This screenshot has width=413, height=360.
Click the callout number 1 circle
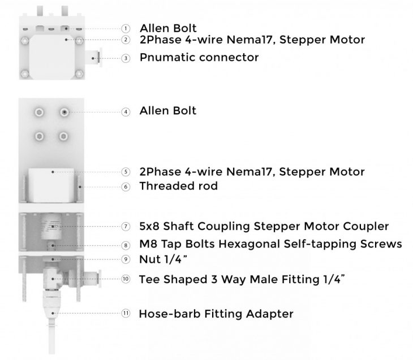(x=126, y=28)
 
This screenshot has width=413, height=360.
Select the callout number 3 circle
(x=126, y=58)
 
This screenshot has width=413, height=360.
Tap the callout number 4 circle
(x=126, y=111)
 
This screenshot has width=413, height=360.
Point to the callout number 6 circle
(x=126, y=186)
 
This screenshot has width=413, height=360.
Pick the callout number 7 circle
(x=126, y=227)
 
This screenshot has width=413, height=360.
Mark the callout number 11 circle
(x=126, y=314)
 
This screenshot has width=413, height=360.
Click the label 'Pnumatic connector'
(x=199, y=58)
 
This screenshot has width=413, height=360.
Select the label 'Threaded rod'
(x=178, y=186)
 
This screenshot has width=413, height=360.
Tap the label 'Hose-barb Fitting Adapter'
(x=216, y=314)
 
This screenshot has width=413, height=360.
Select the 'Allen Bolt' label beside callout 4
(x=167, y=111)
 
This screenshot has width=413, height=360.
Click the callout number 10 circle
(x=126, y=279)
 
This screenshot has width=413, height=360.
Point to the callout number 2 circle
(x=126, y=40)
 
